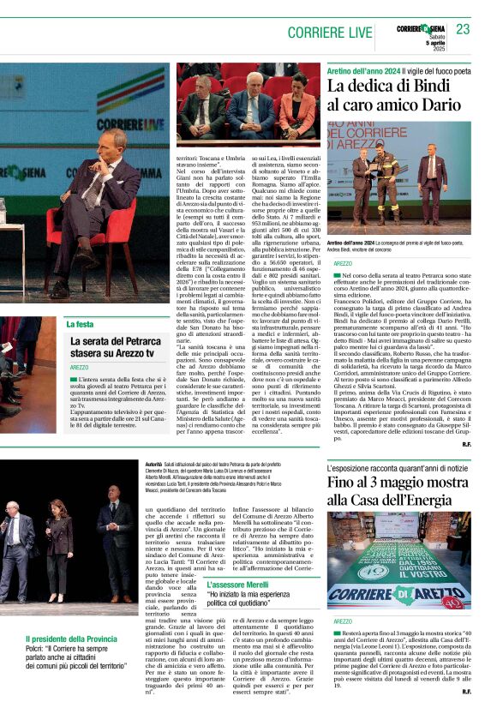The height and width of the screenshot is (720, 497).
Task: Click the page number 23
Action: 463,29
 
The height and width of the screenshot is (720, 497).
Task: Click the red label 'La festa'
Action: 80,324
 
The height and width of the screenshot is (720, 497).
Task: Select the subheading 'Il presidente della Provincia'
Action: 71,639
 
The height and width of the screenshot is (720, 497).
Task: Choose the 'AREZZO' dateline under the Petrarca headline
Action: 80,367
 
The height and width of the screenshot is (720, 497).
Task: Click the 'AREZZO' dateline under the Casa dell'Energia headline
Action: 344,621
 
